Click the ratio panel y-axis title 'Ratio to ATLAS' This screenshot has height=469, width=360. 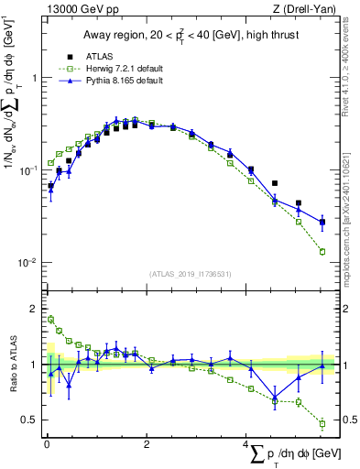[12, 365]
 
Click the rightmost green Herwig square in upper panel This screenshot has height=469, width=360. [322, 251]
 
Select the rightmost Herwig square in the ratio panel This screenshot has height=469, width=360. [322, 423]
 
